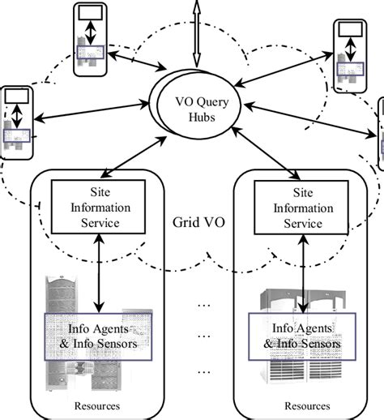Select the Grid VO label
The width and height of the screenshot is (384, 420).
click(x=191, y=222)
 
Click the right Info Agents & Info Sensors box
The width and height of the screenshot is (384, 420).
click(x=301, y=336)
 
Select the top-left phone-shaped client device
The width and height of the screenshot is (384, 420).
click(x=92, y=39)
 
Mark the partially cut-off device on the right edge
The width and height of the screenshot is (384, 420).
click(x=380, y=134)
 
